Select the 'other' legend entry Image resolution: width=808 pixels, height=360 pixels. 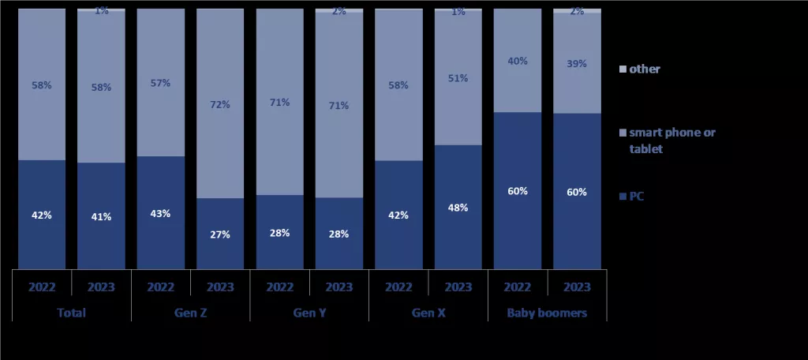(644, 69)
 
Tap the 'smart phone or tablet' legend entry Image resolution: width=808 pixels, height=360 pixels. (671, 140)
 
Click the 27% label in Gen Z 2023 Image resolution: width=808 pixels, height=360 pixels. (220, 234)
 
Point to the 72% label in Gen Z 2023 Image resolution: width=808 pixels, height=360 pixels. (220, 104)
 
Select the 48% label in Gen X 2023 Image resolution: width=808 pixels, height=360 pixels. (458, 208)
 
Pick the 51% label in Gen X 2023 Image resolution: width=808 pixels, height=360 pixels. (458, 78)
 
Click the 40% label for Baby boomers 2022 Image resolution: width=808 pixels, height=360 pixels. (518, 62)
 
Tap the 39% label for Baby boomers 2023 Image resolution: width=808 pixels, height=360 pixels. (577, 64)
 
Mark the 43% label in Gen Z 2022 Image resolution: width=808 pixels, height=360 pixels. (160, 213)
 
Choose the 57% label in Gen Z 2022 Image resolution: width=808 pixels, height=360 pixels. (160, 83)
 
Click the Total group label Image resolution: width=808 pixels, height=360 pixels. (71, 313)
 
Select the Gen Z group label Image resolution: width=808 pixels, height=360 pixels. (190, 313)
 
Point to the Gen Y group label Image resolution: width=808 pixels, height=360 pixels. (309, 313)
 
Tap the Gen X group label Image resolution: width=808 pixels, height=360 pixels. (428, 313)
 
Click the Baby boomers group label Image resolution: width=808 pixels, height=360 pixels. (547, 313)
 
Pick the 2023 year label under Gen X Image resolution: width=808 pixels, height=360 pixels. (458, 287)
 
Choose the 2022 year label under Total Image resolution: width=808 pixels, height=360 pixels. (42, 287)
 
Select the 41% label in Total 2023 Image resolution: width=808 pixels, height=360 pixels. (101, 216)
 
